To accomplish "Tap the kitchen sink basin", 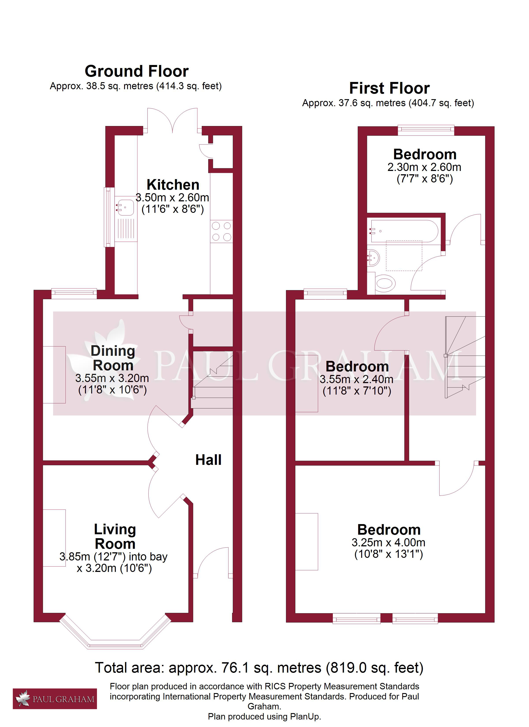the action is tap(125, 207).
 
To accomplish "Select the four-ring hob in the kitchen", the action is tap(221, 232).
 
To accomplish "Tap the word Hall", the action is tap(208, 460).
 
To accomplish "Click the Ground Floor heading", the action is tap(137, 71).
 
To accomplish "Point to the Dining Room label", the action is tap(113, 358).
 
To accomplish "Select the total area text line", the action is tap(259, 668).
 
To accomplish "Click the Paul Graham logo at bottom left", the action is tap(55, 699).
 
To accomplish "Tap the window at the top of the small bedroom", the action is tap(426, 130).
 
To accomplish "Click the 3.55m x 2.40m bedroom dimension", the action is tap(356, 380).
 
